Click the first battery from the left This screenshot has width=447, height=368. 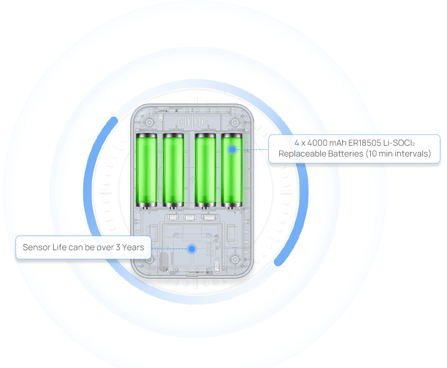pyautogui.click(x=146, y=170)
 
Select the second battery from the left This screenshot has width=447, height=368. pyautogui.click(x=172, y=170)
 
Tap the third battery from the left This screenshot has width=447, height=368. pyautogui.click(x=205, y=170)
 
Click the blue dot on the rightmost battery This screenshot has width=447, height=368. pyautogui.click(x=232, y=150)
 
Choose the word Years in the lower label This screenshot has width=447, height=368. pyautogui.click(x=133, y=247)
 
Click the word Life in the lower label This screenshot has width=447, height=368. pyautogui.click(x=59, y=247)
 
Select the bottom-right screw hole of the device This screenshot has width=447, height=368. pyautogui.click(x=235, y=259)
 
